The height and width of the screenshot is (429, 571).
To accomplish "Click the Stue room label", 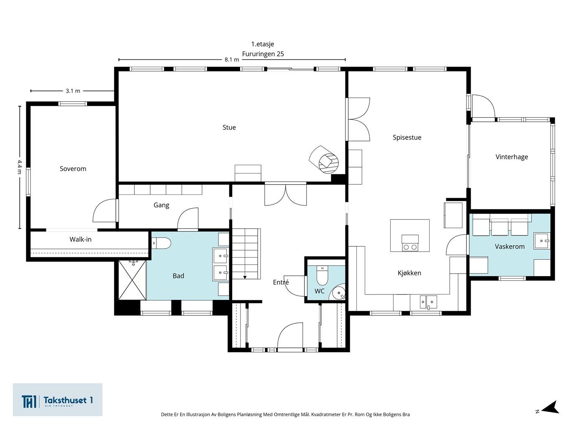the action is coord(229,127).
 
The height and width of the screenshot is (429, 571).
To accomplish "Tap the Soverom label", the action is coord(73,168).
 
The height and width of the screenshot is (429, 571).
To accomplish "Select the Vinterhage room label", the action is coord(512,157).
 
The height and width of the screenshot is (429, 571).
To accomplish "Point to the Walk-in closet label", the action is coord(80,239).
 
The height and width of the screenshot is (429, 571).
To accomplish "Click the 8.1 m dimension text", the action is coord(231,59).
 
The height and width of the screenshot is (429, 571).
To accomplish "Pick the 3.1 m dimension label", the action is coord(73,91).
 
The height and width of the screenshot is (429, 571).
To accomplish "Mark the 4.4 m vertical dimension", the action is coord(20,167).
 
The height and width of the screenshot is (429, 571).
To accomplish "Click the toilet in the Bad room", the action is coord(161,243).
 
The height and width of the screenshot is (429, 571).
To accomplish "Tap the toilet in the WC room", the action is coord(322,275).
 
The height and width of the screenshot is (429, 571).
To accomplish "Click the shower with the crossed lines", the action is coord(133,280).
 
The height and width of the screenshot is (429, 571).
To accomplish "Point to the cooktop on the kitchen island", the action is coord(410,243).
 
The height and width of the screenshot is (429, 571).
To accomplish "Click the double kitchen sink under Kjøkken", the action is coord(428,302).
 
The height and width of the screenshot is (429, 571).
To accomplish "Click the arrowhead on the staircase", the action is coord(245,277).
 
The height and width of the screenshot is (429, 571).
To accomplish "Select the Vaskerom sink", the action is coord(542,241).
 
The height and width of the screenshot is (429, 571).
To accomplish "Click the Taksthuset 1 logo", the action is coord(57,400).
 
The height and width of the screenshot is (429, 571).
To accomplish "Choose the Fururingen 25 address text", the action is coord(263,54).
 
